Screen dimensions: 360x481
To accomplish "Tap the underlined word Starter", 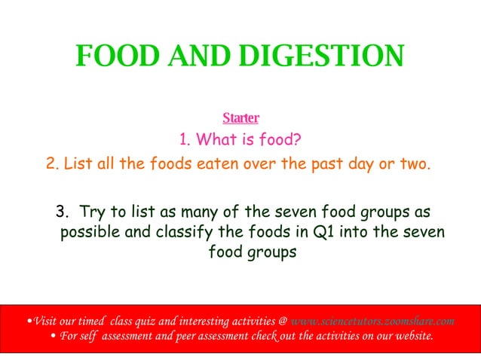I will (240, 118).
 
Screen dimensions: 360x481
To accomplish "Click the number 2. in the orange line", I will (53, 163).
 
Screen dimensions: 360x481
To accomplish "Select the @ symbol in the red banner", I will (281, 320).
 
